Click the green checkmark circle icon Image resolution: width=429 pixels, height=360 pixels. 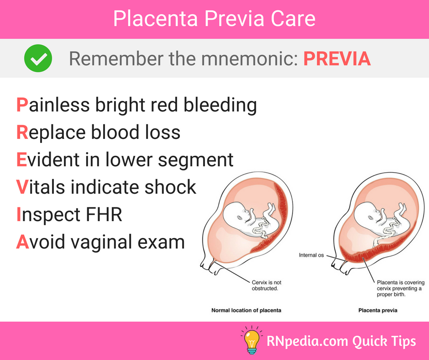[x=38, y=58]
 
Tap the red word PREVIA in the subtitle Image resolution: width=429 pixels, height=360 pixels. [x=337, y=58]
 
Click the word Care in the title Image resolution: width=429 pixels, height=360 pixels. [x=293, y=19]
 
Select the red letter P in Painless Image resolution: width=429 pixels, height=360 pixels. [x=22, y=105]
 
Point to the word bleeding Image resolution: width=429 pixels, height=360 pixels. [x=220, y=106]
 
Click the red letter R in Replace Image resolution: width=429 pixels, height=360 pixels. [x=22, y=132]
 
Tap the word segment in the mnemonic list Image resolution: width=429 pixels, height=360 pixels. [x=196, y=160]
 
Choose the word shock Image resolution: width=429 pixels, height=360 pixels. [x=170, y=187]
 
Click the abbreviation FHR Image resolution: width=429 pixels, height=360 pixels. [x=104, y=214]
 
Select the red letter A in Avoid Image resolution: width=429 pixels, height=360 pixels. [x=22, y=242]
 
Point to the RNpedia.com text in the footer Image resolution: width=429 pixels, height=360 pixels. [x=307, y=341]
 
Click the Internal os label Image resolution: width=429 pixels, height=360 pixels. [x=311, y=255]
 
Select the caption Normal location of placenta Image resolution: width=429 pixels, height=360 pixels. [x=246, y=310]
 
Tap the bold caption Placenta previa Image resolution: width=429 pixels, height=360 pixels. [x=378, y=310]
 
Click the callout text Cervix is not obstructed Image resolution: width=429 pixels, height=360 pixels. [x=267, y=285]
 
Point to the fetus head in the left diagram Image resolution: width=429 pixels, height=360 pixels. [x=235, y=214]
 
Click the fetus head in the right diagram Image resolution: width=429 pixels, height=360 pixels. [x=366, y=214]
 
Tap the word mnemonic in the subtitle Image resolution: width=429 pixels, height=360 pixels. [x=250, y=58]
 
